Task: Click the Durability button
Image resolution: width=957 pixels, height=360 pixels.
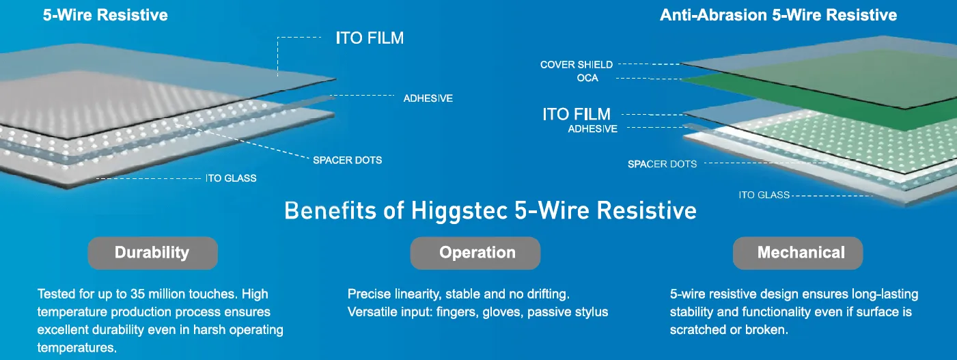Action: click(x=152, y=253)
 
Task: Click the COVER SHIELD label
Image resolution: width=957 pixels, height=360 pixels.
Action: click(x=576, y=65)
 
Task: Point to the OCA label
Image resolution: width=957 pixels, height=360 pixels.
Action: click(x=587, y=78)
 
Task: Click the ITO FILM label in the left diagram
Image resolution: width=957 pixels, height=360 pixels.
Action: click(x=370, y=38)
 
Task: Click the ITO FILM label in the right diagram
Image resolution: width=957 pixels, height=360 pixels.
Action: click(x=577, y=114)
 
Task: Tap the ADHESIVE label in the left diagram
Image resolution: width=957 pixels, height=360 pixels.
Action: click(x=428, y=98)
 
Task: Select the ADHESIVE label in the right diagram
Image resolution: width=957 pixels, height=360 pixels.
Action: click(x=592, y=128)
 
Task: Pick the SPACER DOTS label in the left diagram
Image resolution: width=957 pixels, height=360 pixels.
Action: click(x=347, y=160)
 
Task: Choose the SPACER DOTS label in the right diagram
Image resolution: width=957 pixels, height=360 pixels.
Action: click(x=662, y=164)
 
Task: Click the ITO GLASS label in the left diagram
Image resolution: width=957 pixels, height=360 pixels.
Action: click(x=231, y=178)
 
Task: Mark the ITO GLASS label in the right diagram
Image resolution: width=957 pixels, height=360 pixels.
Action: click(x=764, y=195)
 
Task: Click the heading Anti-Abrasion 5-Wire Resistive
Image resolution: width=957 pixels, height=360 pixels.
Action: click(x=778, y=15)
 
